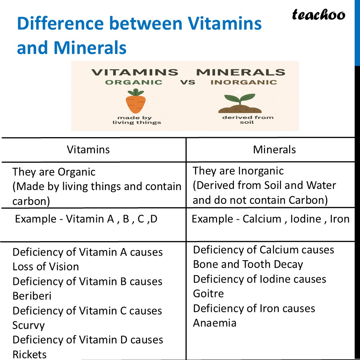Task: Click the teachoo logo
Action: click(x=318, y=15)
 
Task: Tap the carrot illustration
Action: click(x=136, y=102)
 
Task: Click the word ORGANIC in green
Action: click(x=134, y=82)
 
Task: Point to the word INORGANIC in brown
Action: click(x=244, y=82)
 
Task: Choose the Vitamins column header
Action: click(x=88, y=149)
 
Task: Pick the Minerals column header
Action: click(x=274, y=149)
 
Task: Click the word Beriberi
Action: click(x=32, y=296)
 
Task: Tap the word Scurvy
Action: click(x=29, y=325)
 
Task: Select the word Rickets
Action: click(x=30, y=354)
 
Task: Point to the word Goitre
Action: click(x=208, y=293)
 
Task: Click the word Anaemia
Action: click(x=215, y=323)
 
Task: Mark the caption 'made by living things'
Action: click(x=137, y=120)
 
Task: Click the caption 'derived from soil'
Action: click(x=248, y=120)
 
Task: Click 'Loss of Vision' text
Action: click(x=46, y=267)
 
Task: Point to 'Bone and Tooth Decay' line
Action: click(x=248, y=264)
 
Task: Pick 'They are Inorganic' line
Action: click(x=238, y=171)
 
